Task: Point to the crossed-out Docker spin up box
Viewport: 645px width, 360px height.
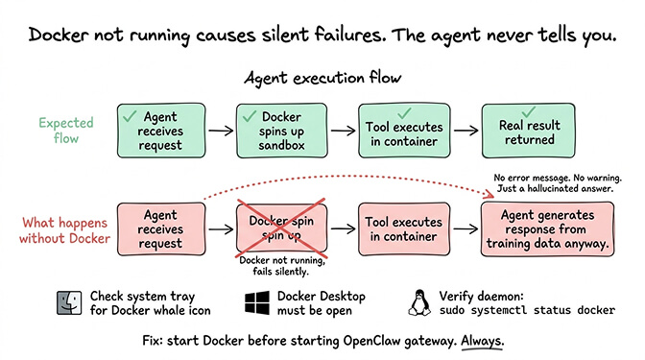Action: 281,228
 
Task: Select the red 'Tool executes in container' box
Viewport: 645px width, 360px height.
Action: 402,228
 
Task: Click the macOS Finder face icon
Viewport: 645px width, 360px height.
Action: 69,302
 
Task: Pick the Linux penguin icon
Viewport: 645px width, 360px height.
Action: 418,303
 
